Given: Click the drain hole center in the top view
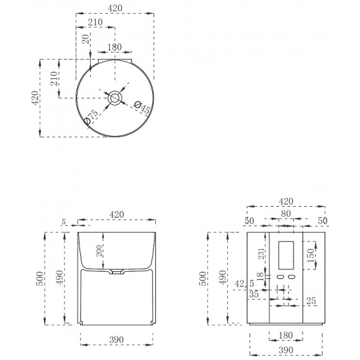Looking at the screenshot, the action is [115, 98].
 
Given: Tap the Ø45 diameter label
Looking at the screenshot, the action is [142, 107].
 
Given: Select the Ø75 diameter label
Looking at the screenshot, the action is [91, 117].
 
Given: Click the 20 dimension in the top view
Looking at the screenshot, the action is [86, 39].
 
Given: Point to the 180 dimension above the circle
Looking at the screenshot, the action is [115, 47].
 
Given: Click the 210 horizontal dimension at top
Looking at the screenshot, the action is [96, 22].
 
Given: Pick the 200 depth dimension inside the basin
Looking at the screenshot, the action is [99, 251].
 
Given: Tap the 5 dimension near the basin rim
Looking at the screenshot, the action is [63, 222].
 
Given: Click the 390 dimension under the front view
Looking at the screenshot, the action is [117, 340].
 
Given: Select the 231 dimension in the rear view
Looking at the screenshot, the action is [261, 253].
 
